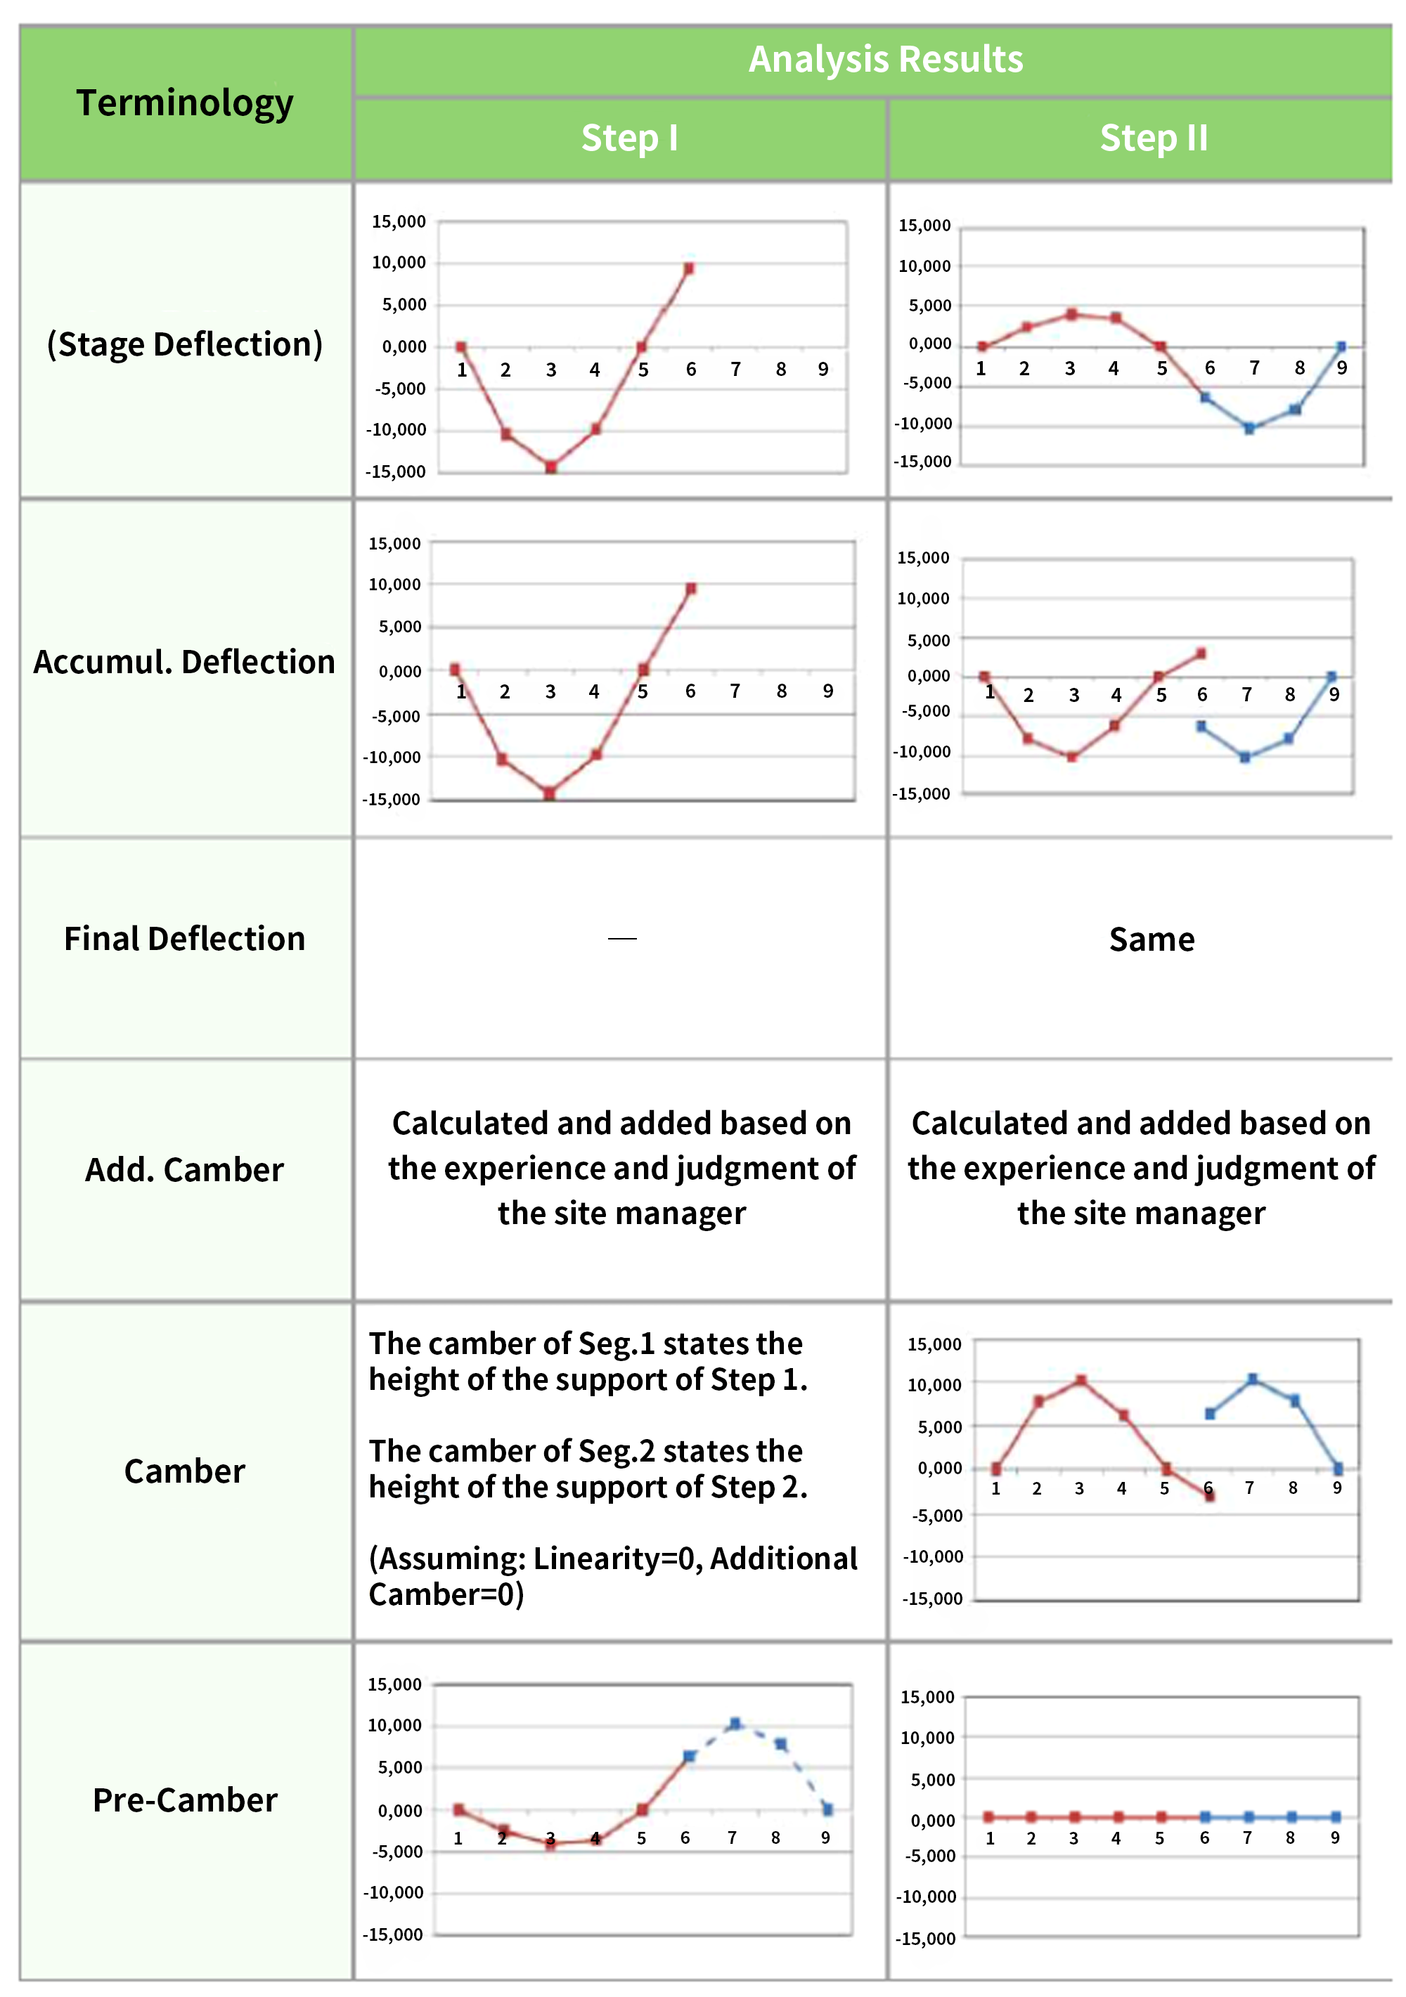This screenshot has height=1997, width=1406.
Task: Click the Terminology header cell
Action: click(184, 103)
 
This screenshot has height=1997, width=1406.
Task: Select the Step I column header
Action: click(629, 138)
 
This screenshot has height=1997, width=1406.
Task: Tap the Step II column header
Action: click(1154, 138)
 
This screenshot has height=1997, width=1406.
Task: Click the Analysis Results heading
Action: click(886, 59)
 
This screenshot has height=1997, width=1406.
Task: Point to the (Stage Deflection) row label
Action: click(184, 344)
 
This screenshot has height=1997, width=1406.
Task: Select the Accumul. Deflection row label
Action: click(184, 662)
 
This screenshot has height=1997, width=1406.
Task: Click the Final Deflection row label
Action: click(184, 939)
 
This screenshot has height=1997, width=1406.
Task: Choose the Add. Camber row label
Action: click(184, 1170)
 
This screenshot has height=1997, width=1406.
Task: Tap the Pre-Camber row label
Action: click(184, 1800)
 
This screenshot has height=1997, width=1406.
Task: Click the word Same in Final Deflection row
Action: click(1151, 939)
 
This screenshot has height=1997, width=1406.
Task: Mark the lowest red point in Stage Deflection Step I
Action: click(550, 467)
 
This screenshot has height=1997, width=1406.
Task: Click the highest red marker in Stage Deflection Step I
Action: click(688, 268)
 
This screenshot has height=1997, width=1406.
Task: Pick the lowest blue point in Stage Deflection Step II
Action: click(1249, 429)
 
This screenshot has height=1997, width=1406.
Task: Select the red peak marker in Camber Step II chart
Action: click(1081, 1380)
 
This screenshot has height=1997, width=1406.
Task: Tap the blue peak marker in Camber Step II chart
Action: click(1253, 1379)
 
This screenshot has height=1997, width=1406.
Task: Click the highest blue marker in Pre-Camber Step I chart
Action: click(735, 1723)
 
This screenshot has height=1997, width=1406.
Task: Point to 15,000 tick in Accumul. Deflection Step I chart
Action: click(394, 544)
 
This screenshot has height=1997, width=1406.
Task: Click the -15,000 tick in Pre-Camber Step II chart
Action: click(926, 1939)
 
